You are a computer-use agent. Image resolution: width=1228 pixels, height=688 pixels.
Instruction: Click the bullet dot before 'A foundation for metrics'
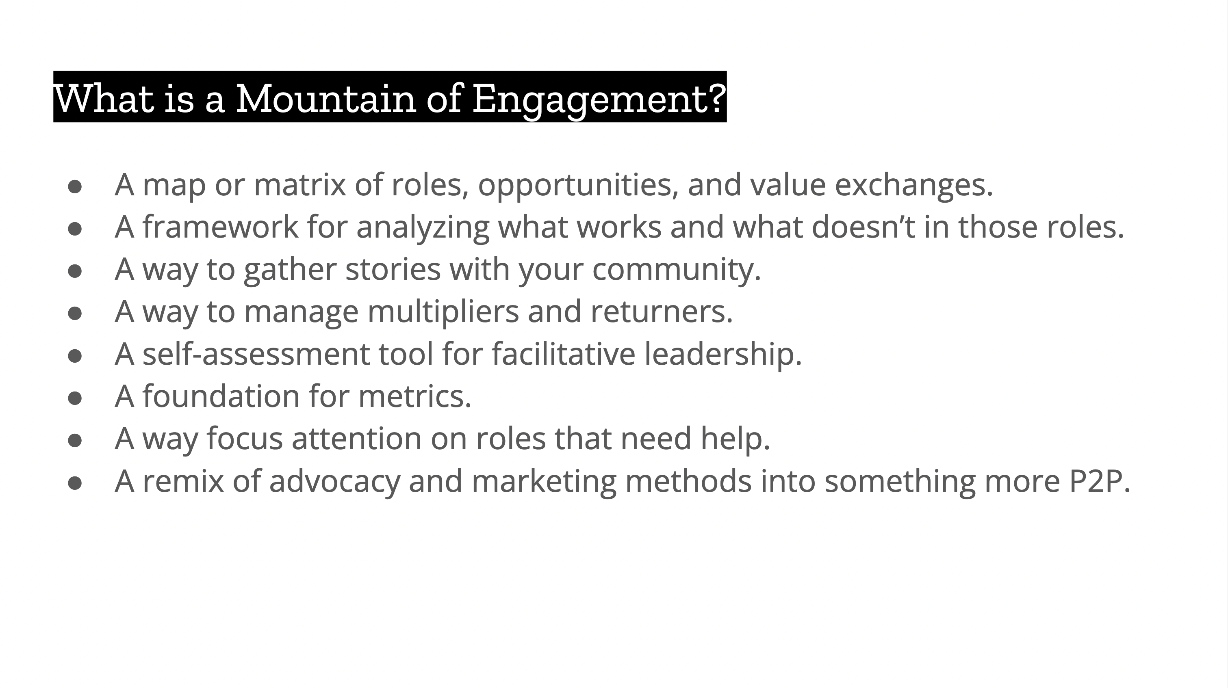[x=75, y=398]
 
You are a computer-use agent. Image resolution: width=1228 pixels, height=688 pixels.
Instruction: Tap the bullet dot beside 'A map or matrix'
[x=75, y=186]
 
